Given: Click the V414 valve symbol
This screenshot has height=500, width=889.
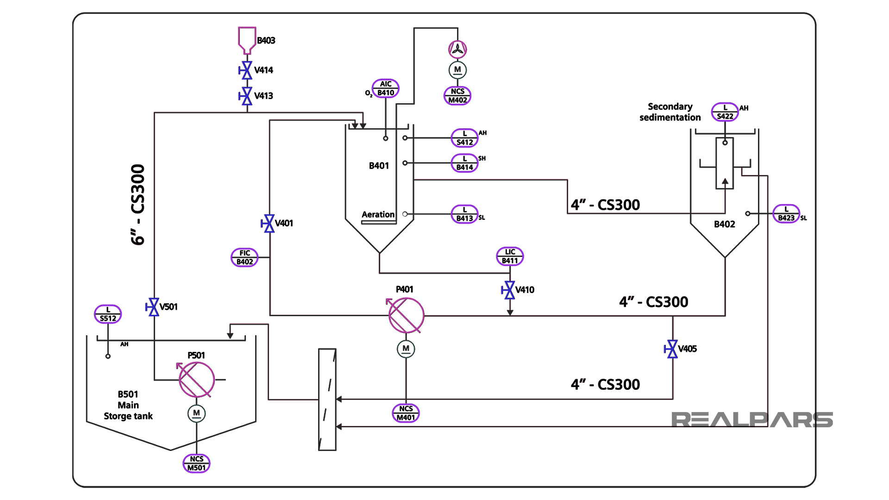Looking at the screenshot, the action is [246, 70].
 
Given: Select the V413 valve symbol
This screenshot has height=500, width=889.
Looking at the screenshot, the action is [246, 96].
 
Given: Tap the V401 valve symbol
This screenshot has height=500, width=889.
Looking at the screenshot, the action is [268, 224].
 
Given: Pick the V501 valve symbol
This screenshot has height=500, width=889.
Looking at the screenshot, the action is [153, 307].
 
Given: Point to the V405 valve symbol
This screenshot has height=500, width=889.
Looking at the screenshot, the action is [671, 349].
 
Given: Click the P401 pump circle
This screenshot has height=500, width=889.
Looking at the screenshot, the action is [406, 315].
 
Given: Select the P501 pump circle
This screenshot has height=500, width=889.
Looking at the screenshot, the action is [197, 380].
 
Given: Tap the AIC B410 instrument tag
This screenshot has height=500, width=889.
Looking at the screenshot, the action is [386, 88].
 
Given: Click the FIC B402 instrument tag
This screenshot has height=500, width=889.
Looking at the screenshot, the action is [244, 257].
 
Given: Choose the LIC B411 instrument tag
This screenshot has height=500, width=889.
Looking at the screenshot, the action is [510, 256].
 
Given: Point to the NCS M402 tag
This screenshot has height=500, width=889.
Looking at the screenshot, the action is [457, 96].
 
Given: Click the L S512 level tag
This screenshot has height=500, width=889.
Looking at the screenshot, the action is [108, 314].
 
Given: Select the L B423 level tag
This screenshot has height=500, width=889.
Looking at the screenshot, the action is [786, 213].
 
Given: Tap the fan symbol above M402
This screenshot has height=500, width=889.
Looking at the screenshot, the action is [457, 49].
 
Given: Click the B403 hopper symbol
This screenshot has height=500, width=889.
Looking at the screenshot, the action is [247, 41].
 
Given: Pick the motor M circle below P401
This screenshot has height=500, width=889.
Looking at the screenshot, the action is [406, 349].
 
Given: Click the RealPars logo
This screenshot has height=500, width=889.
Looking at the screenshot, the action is [752, 419].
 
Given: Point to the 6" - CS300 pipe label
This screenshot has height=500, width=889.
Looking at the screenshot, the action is [138, 205].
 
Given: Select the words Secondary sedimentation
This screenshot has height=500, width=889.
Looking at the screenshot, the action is [670, 112].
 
